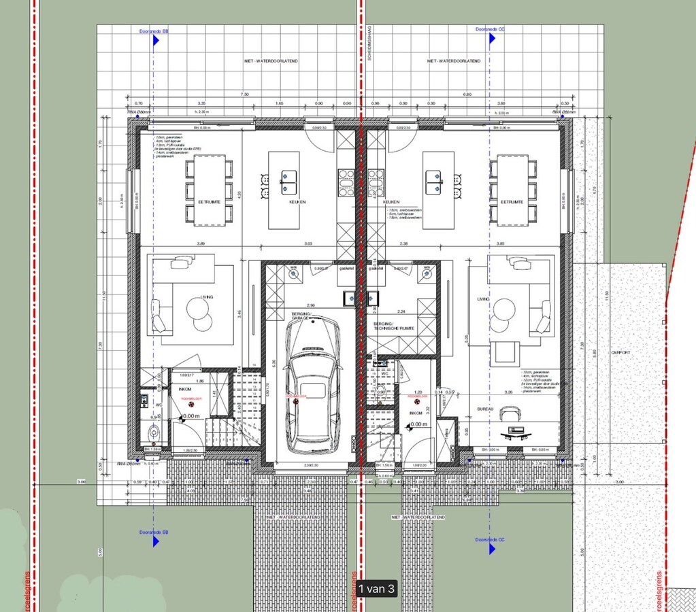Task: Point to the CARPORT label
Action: click(x=620, y=353)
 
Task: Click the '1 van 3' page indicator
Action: click(x=376, y=589)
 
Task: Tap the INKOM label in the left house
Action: click(x=184, y=389)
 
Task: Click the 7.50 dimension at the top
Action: click(x=244, y=95)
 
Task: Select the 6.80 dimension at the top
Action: click(x=467, y=95)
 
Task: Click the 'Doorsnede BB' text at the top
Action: click(x=153, y=30)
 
